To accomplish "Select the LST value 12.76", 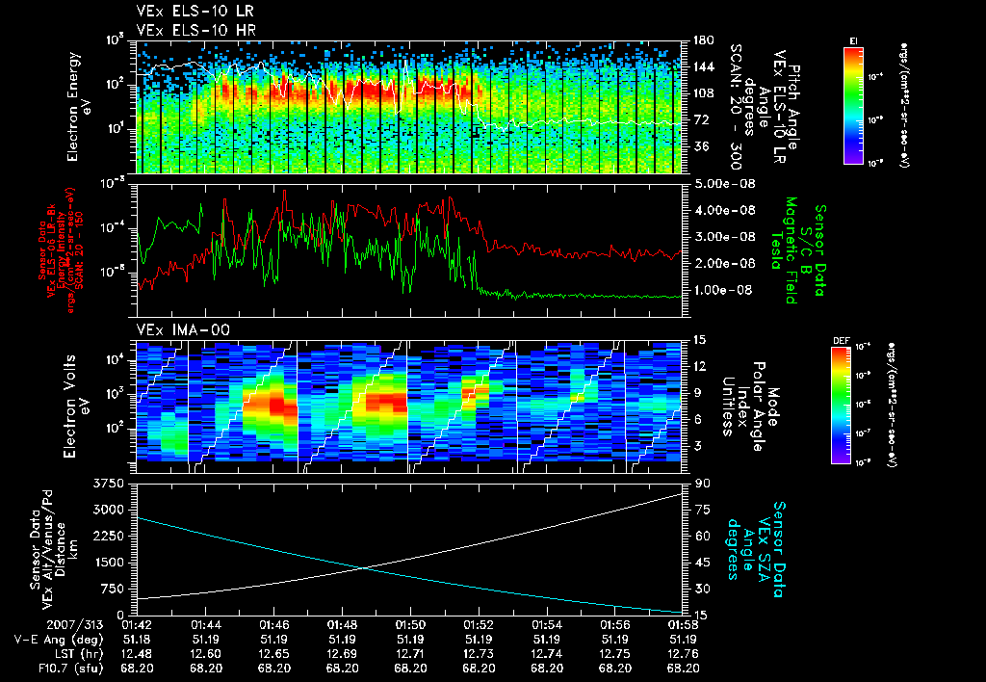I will click(x=683, y=652).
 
